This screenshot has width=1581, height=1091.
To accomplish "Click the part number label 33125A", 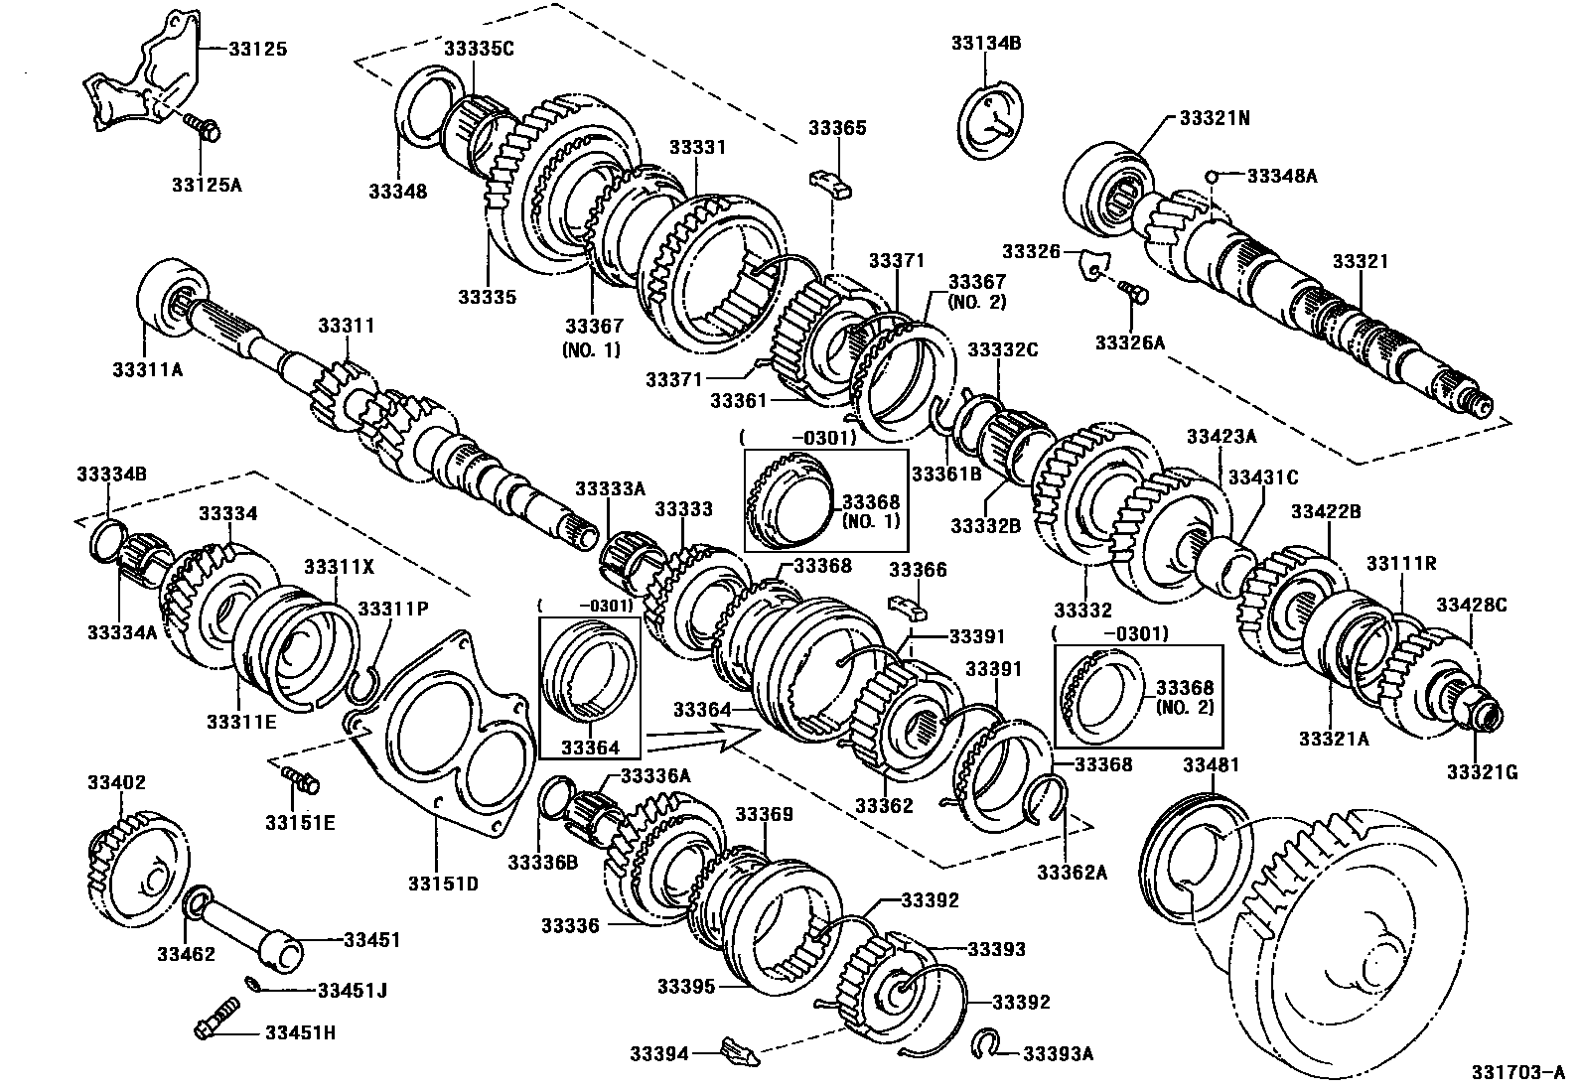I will coord(206,184).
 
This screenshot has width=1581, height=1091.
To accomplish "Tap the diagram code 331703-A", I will coord(1517,1073).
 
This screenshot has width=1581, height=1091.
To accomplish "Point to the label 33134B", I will coord(985,43).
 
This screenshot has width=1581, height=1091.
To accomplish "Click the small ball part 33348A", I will coord(1213,177).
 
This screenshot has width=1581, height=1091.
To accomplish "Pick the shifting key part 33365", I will coord(830,184).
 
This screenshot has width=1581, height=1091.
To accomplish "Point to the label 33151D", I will coord(443,882).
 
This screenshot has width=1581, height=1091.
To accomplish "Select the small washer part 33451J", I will coord(254,984).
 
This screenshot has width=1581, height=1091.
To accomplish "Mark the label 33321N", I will coord(1214,117).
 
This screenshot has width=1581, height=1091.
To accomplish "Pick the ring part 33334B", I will coord(107,539).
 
